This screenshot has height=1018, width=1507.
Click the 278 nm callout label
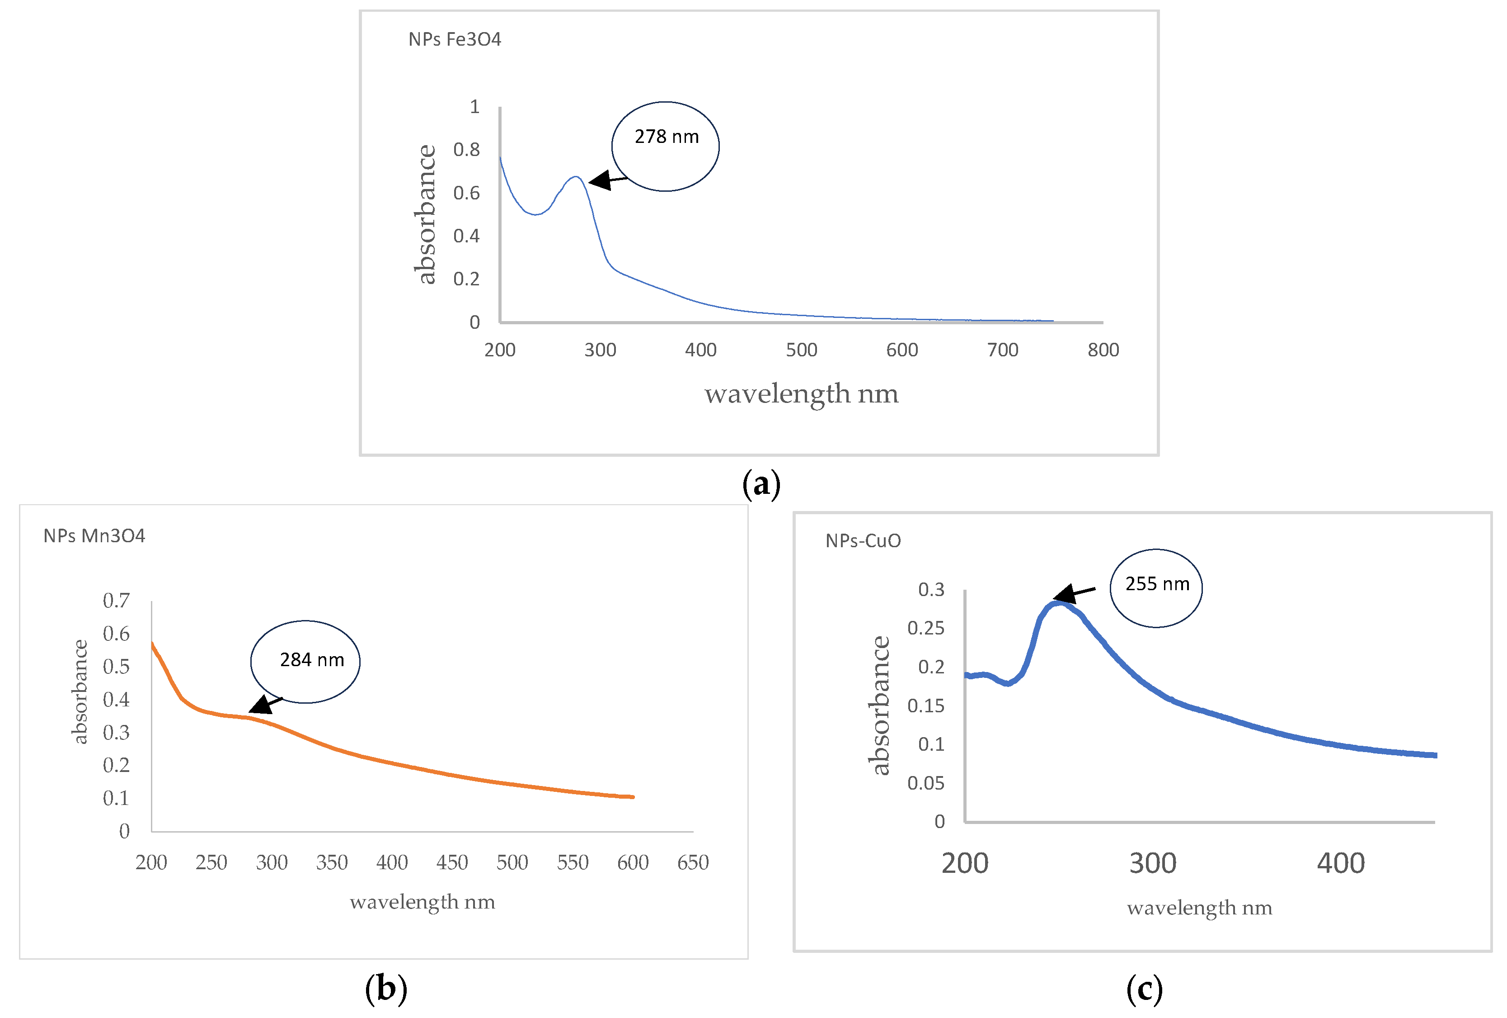coord(666,137)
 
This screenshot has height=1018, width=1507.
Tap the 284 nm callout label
coord(312,660)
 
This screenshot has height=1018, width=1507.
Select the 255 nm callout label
coord(1157,584)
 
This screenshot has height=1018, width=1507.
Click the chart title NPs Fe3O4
coord(455,40)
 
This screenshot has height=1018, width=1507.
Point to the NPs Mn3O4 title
coord(94,536)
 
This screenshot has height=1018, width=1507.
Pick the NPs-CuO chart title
coord(863,541)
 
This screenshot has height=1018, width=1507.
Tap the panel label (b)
coord(386,989)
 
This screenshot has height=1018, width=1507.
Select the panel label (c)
coord(1144,989)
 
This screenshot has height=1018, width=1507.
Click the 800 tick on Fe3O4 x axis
coord(1103,350)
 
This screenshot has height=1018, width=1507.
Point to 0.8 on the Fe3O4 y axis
coord(466,150)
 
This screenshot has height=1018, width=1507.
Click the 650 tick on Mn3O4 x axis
coord(693,863)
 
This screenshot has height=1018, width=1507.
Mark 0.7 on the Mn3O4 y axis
coord(116,601)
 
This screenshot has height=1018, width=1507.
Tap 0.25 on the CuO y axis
coord(925,628)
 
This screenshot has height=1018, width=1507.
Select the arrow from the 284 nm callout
coord(265,705)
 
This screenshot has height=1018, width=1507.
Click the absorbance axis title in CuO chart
coord(880,705)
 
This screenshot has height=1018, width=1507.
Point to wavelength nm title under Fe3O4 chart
coord(802,394)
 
